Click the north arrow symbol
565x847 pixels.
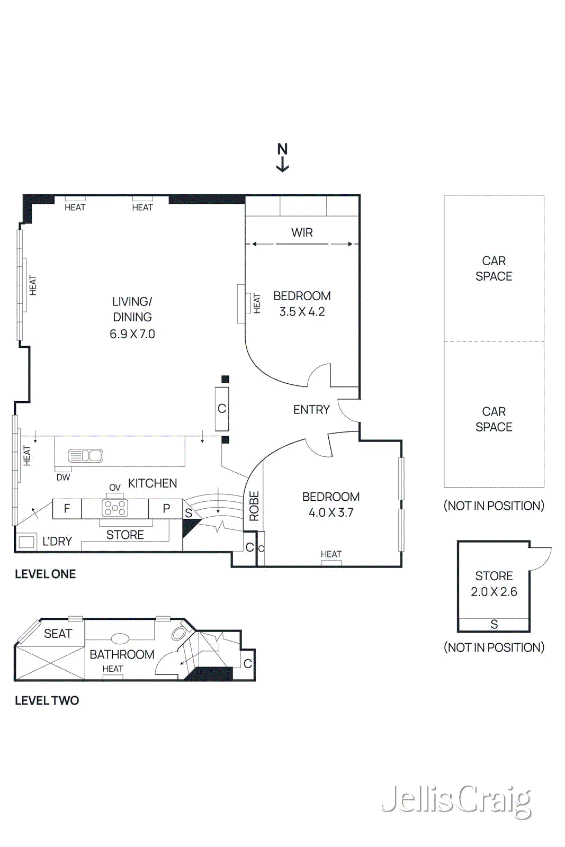click(283, 158)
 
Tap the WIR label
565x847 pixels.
click(302, 232)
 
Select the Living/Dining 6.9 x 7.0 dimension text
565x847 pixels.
click(132, 334)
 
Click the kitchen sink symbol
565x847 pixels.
click(85, 455)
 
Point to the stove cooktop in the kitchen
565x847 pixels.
click(115, 508)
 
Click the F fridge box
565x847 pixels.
click(67, 508)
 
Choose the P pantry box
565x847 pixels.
click(166, 508)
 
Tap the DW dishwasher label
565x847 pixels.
click(63, 477)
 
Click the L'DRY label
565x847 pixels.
click(57, 541)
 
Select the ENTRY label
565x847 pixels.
click(311, 409)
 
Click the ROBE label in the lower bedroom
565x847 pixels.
click(254, 506)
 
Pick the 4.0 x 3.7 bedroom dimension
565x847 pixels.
click(331, 512)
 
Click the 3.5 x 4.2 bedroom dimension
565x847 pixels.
click(302, 312)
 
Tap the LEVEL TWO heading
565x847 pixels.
click(47, 700)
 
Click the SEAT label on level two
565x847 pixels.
click(58, 634)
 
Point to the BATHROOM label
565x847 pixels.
click(122, 654)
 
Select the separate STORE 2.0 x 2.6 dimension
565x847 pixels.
click(494, 592)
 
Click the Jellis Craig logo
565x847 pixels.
click(456, 800)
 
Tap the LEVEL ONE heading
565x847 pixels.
click(45, 574)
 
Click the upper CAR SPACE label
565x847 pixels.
click(494, 268)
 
